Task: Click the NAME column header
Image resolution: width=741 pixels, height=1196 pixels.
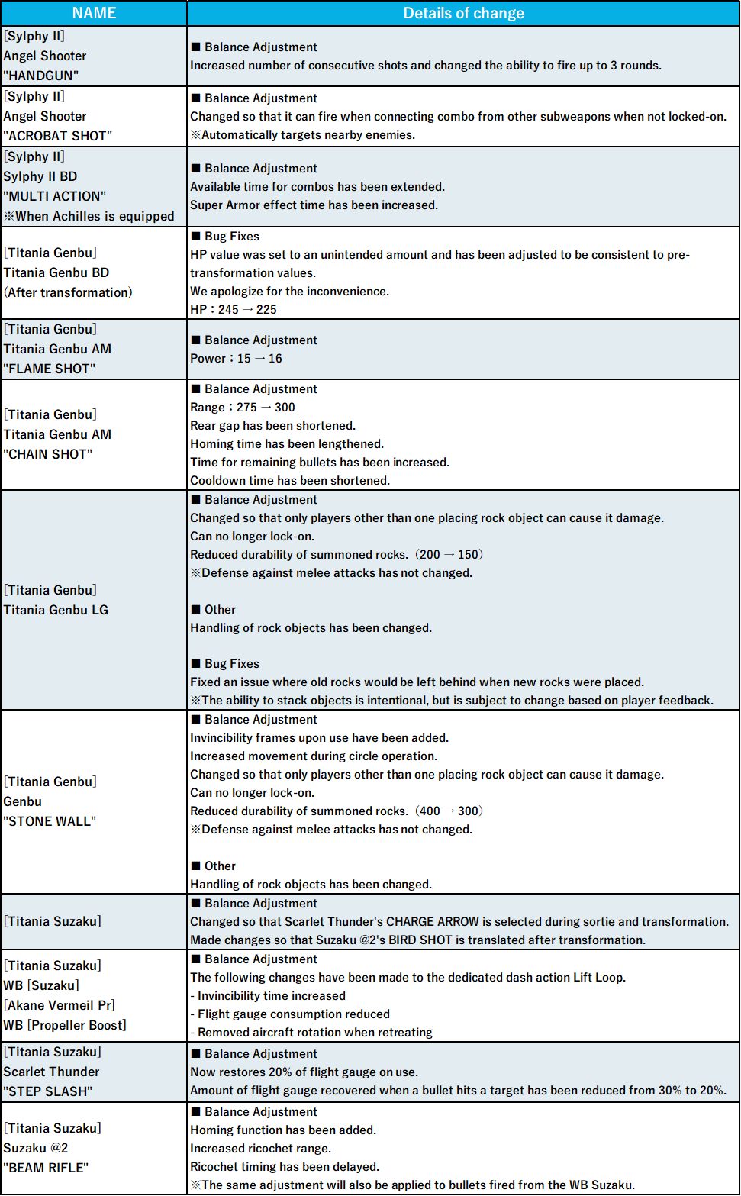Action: point(94,13)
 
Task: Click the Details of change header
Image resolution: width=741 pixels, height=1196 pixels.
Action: point(463,13)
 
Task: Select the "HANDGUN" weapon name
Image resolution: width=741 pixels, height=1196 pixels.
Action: point(40,76)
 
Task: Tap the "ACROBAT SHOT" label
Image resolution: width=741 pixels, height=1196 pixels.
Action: point(57,136)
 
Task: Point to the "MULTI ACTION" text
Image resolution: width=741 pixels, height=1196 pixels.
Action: point(54,196)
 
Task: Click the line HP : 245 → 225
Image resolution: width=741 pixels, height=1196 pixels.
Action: point(233,309)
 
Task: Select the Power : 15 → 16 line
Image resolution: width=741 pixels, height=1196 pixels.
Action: point(236,358)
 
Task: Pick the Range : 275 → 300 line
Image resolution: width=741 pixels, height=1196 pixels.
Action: point(242,407)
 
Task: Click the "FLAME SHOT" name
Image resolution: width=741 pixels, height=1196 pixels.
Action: point(49,369)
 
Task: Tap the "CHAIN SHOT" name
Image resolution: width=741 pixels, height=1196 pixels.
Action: point(47,454)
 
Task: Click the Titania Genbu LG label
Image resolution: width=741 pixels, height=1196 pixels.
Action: point(56,610)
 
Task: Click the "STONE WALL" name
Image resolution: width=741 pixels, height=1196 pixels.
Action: point(50,821)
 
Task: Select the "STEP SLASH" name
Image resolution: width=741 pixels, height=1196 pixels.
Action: point(47,1091)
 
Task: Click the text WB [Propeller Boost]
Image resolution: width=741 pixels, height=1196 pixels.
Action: point(65,1025)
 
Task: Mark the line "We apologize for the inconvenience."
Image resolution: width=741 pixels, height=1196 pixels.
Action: point(289,291)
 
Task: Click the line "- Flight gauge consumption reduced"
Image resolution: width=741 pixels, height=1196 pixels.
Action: point(290,1014)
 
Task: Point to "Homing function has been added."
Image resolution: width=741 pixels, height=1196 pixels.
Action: point(283,1130)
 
